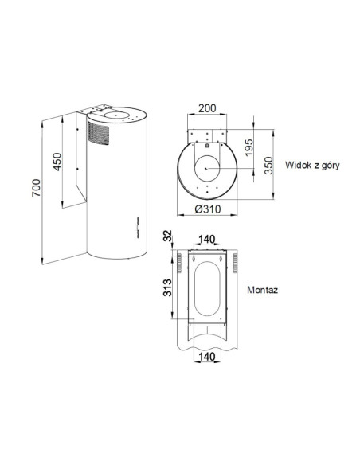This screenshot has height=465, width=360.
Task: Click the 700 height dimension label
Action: (36, 188)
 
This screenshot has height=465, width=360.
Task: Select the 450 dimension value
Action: (57, 162)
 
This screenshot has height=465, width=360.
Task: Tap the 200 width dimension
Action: (207, 108)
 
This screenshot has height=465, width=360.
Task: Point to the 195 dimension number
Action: (248, 147)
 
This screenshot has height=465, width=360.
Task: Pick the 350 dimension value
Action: (268, 166)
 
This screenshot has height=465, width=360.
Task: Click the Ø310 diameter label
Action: (208, 209)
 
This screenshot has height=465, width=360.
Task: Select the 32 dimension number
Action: (167, 236)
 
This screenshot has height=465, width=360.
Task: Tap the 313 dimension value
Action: (167, 287)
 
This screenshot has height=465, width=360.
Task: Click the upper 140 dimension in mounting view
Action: (207, 239)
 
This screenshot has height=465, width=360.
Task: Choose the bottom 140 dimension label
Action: (207, 356)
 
